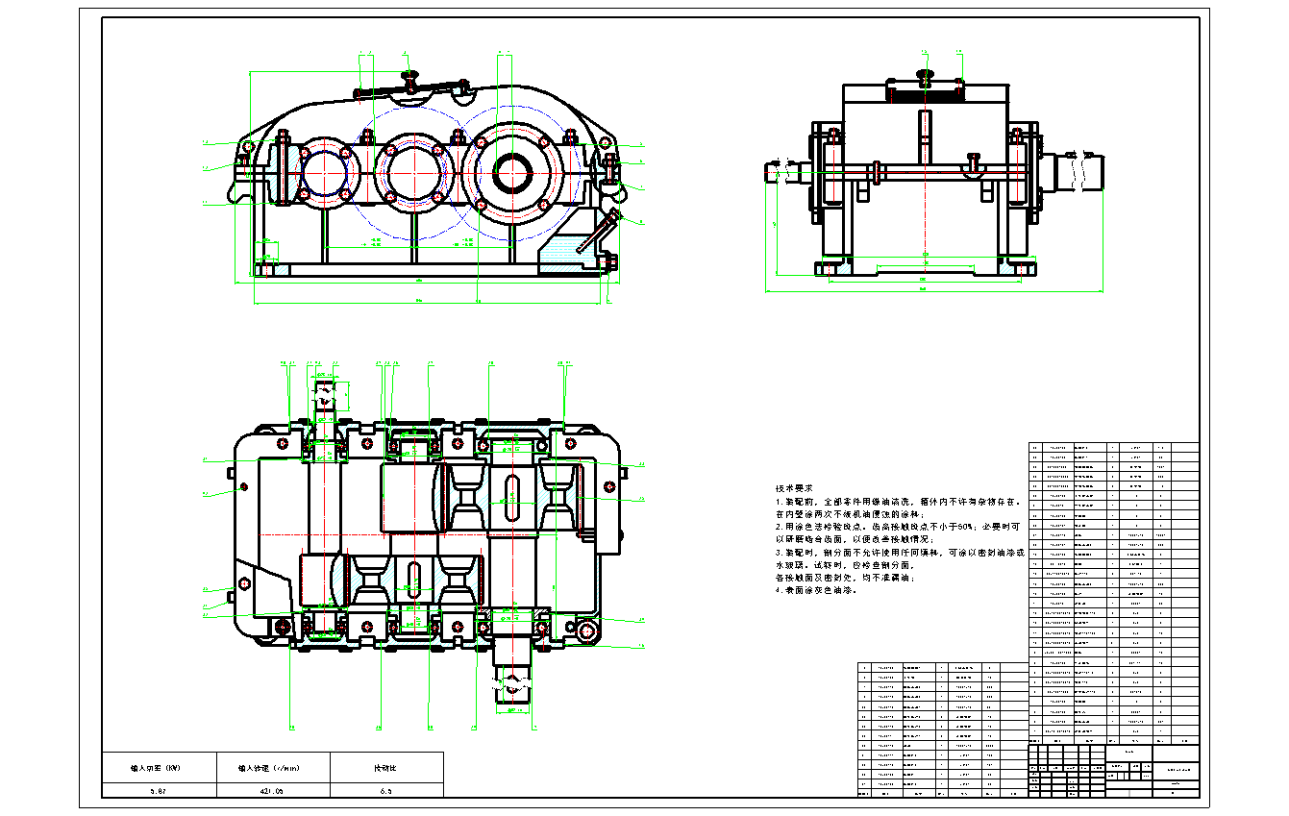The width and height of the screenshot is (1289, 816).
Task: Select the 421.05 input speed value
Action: (x=273, y=790)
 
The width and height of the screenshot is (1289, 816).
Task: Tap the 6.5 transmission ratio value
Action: (x=385, y=790)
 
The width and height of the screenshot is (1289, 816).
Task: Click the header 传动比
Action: (x=385, y=768)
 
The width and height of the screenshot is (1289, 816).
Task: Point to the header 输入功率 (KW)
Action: (x=159, y=768)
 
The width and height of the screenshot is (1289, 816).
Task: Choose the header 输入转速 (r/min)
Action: (x=273, y=768)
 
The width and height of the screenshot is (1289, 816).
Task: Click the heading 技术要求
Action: (x=794, y=488)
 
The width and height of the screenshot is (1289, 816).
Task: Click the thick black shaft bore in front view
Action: (x=513, y=173)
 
